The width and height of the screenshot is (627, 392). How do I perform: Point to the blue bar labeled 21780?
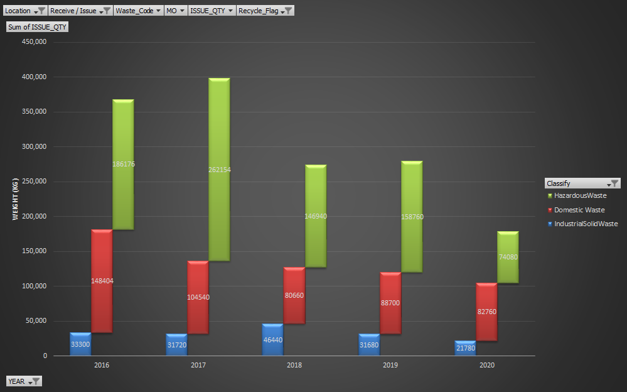click(x=465, y=348)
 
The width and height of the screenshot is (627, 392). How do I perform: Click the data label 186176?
click(x=124, y=164)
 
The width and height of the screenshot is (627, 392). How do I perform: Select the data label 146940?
click(x=316, y=216)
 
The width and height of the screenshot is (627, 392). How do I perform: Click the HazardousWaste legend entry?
click(x=580, y=195)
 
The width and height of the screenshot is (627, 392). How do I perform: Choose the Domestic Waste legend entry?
click(x=579, y=210)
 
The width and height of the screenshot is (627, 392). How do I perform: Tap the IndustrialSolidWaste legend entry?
click(x=585, y=224)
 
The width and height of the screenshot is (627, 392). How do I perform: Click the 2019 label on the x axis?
click(x=390, y=364)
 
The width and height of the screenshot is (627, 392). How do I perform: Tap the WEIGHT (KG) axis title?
click(x=15, y=199)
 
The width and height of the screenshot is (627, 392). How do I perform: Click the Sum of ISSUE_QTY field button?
click(x=37, y=27)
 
